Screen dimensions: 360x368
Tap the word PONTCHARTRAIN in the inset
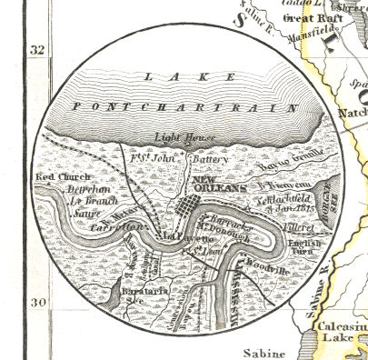point(185,107)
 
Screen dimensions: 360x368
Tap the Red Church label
point(55,176)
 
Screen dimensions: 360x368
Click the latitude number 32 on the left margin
point(37,50)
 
